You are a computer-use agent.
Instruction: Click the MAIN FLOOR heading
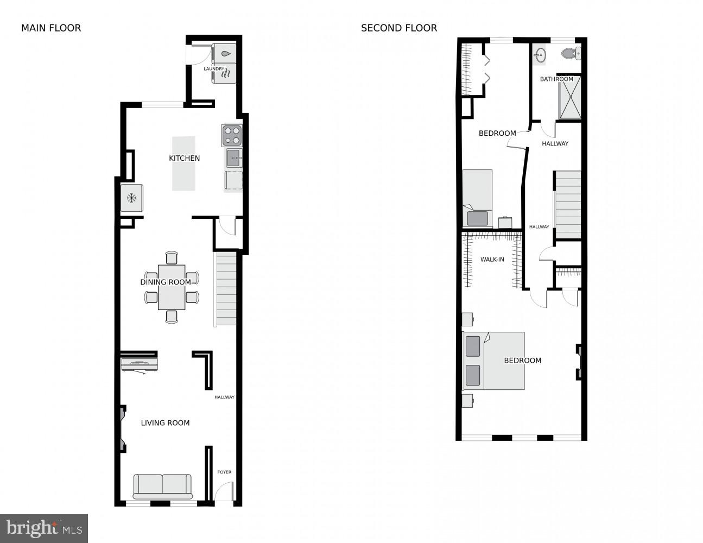(51, 28)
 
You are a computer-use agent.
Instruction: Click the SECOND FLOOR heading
(399, 28)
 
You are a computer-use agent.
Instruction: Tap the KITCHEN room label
(185, 158)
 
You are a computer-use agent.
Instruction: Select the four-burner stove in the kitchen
(232, 135)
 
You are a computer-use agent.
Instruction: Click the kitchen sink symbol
(234, 158)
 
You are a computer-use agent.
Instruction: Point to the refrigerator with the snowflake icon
(131, 198)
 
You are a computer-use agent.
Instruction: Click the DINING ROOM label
(166, 282)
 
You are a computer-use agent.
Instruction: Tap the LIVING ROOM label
(165, 422)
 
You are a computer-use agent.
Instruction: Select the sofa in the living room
(162, 486)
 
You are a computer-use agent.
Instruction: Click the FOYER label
(224, 472)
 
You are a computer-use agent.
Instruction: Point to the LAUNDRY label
(214, 69)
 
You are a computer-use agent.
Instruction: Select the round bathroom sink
(540, 54)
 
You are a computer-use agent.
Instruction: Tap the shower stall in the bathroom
(570, 98)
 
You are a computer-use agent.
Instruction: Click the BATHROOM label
(556, 79)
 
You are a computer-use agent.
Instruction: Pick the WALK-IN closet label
(492, 260)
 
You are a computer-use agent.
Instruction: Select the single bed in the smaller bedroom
(477, 198)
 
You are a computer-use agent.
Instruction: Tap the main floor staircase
(226, 288)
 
